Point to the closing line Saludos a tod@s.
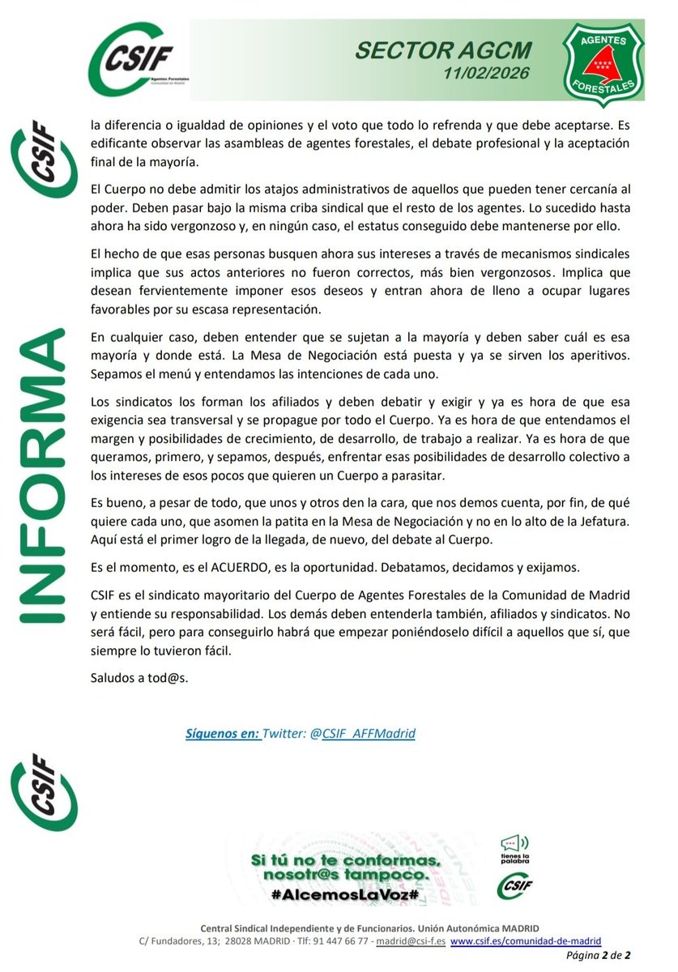point(139,677)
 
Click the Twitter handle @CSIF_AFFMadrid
point(369,734)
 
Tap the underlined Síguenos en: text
point(223,734)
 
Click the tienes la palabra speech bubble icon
point(515,845)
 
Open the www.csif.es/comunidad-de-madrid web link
point(527,941)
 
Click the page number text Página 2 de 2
point(603,957)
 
